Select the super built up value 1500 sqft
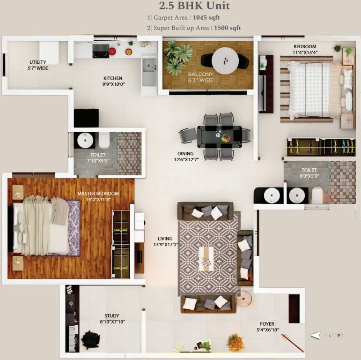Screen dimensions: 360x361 (227, 28)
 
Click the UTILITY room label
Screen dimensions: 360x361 (38, 62)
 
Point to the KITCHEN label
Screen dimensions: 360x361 (113, 78)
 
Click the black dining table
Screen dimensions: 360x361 (223, 135)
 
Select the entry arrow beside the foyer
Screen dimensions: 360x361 (317, 335)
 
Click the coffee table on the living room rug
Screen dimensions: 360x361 (206, 258)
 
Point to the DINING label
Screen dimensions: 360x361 (185, 153)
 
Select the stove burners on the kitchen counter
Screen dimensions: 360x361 (101, 49)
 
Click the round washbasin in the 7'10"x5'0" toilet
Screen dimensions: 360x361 (85, 140)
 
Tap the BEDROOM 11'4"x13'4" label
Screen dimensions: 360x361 (305, 46)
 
